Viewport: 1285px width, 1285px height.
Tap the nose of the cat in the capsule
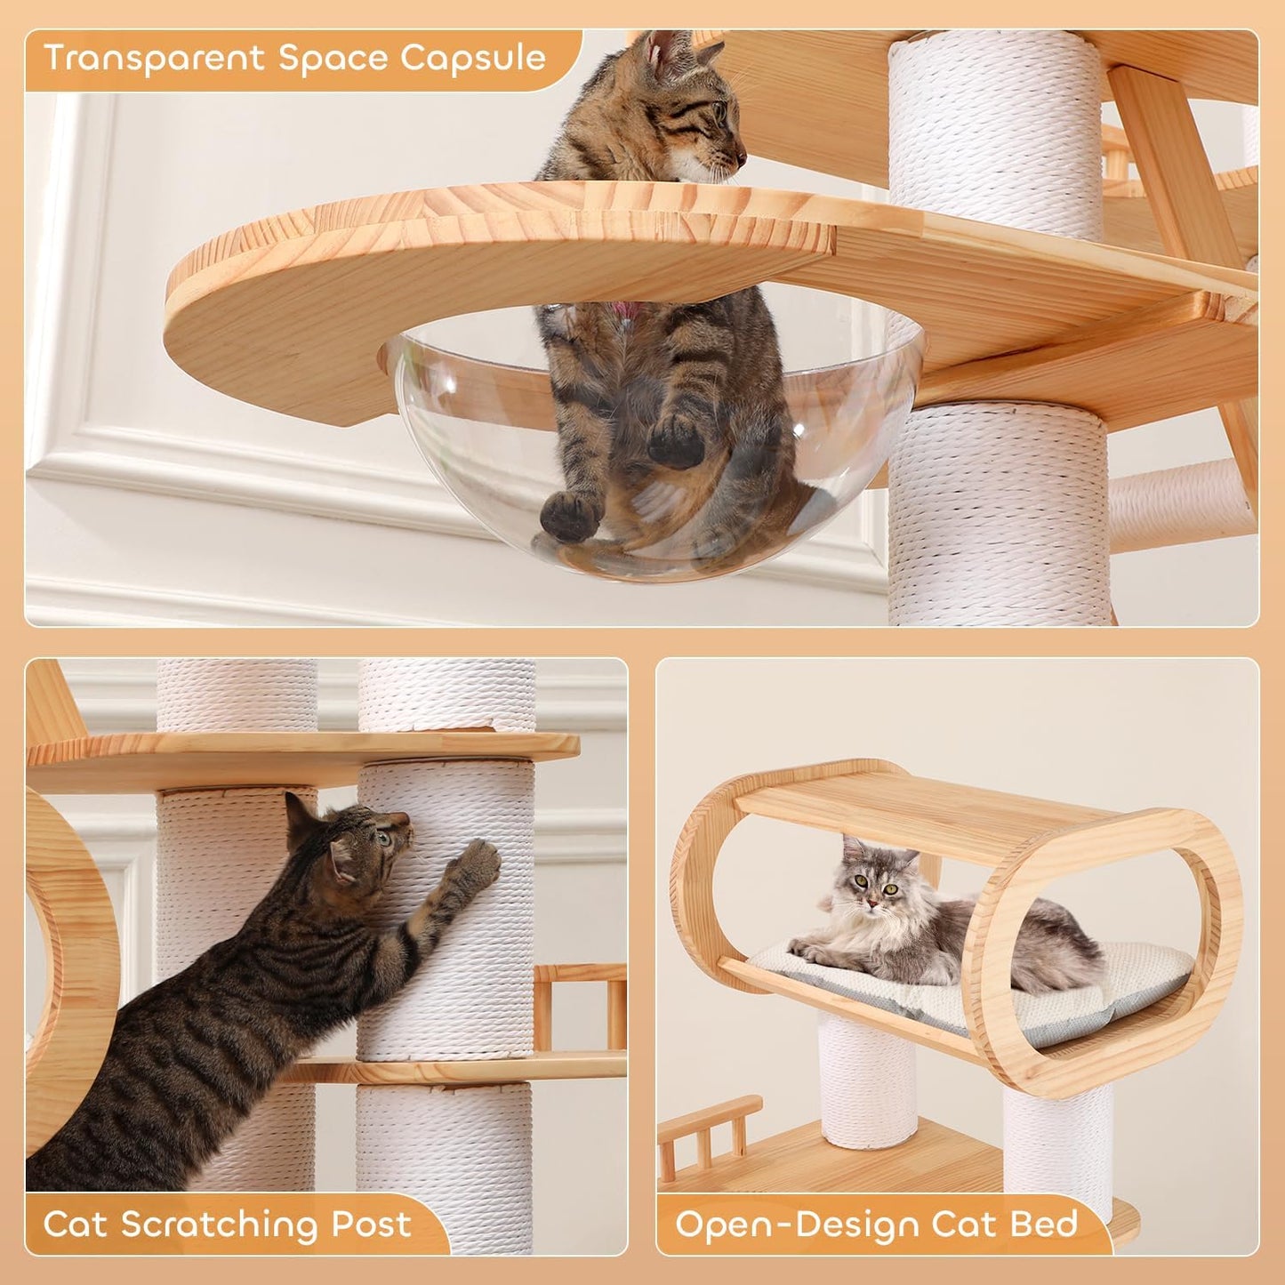740,159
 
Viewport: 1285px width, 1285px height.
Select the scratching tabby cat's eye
382,837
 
